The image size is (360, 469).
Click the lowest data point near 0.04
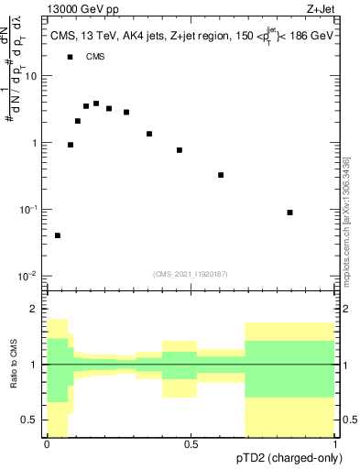pyautogui.click(x=58, y=235)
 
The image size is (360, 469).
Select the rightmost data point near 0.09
pyautogui.click(x=289, y=213)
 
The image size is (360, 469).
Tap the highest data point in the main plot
pyautogui.click(x=96, y=104)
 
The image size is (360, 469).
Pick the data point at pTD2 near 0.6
pyautogui.click(x=221, y=175)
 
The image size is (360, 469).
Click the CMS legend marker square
pyautogui.click(x=71, y=57)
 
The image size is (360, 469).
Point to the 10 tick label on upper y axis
pyautogui.click(x=30, y=76)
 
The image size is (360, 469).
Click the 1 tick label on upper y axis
pyautogui.click(x=33, y=143)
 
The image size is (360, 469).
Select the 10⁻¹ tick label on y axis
pyautogui.click(x=28, y=210)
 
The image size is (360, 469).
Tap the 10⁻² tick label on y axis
pyautogui.click(x=28, y=277)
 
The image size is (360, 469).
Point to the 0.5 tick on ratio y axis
pyautogui.click(x=28, y=420)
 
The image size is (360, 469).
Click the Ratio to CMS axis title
pyautogui.click(x=13, y=365)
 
